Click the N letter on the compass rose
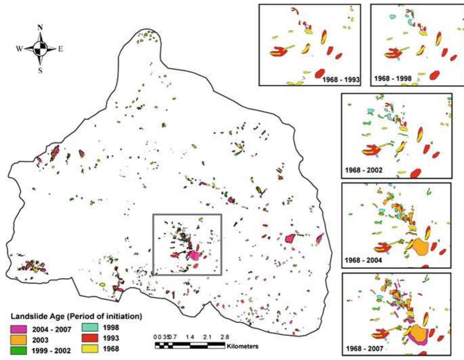pyautogui.click(x=40, y=28)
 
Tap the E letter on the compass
pyautogui.click(x=61, y=49)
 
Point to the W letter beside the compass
pyautogui.click(x=19, y=49)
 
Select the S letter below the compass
pyautogui.click(x=40, y=70)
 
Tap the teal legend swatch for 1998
pyautogui.click(x=90, y=327)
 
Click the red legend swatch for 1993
pyautogui.click(x=90, y=338)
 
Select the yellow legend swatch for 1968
pyautogui.click(x=90, y=348)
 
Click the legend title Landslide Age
pyautogui.click(x=76, y=316)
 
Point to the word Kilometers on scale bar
pyautogui.click(x=242, y=346)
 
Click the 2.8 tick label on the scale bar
pyautogui.click(x=225, y=337)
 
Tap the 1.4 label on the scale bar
pyautogui.click(x=190, y=337)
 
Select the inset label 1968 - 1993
pyautogui.click(x=341, y=80)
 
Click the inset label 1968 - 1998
pyautogui.click(x=393, y=79)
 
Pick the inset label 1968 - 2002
pyautogui.click(x=363, y=170)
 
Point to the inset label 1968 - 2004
pyautogui.click(x=363, y=260)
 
